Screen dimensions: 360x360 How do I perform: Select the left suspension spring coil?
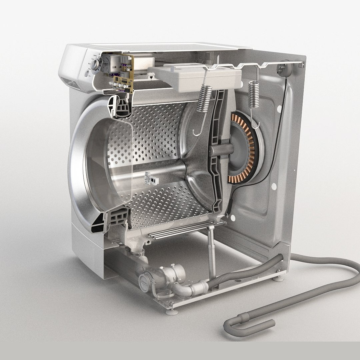tap(204, 98)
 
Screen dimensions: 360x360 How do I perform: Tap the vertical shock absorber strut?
tap(211, 253)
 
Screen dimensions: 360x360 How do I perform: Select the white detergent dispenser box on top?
tap(195, 79)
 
